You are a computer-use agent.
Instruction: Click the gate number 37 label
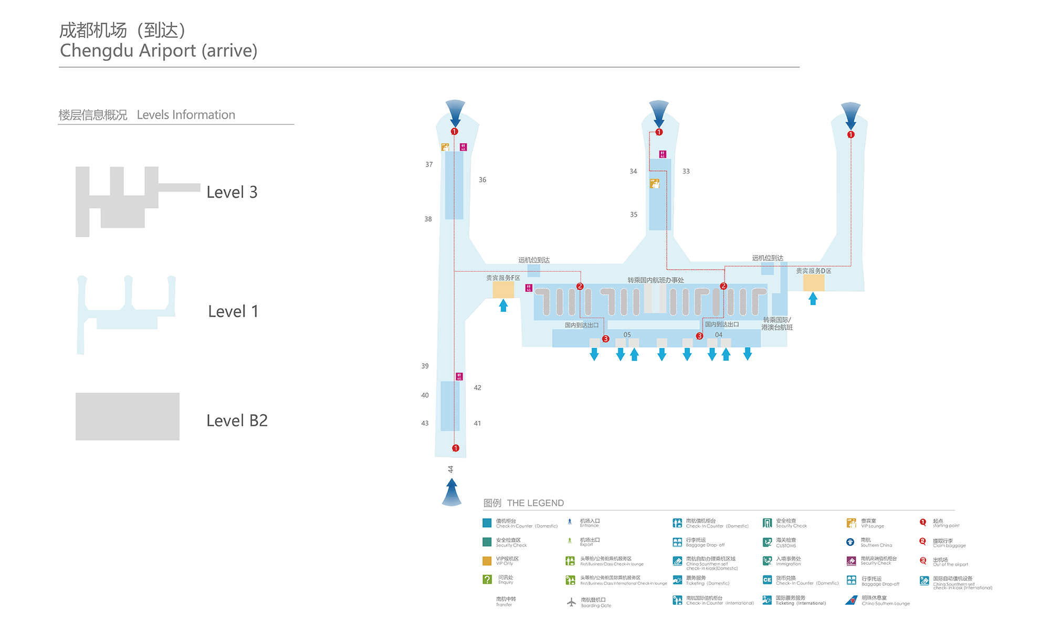(429, 164)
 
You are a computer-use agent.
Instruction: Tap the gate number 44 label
(450, 469)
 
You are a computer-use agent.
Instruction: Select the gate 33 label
(686, 171)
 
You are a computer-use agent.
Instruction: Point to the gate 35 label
(634, 214)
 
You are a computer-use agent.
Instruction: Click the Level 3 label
(232, 192)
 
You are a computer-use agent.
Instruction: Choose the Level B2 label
(237, 421)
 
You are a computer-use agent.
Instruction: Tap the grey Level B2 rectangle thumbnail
(128, 416)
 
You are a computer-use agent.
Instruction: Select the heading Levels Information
(186, 115)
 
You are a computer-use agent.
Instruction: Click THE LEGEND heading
(535, 503)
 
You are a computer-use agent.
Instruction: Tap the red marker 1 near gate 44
(456, 448)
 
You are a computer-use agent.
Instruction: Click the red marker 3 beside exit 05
(605, 339)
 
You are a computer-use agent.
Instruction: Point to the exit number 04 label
(719, 334)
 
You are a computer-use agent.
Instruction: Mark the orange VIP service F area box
(503, 289)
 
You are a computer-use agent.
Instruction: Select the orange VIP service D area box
(813, 283)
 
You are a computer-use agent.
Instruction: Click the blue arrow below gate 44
(451, 492)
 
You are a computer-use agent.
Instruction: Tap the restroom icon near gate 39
(459, 376)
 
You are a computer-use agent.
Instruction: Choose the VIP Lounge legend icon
(851, 523)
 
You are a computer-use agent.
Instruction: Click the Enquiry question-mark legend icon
(487, 579)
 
